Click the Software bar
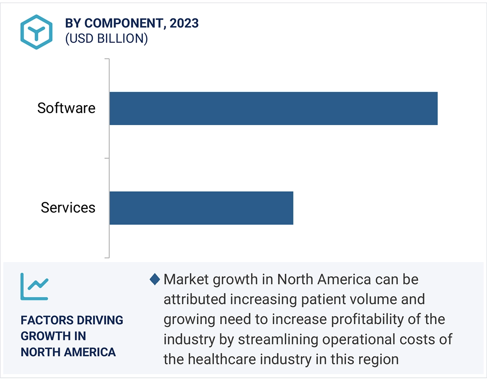pyautogui.click(x=273, y=108)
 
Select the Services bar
pyautogui.click(x=201, y=208)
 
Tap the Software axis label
pyautogui.click(x=66, y=108)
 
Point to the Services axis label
pyautogui.click(x=68, y=208)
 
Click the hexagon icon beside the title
pyautogui.click(x=36, y=32)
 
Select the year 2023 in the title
pyautogui.click(x=184, y=23)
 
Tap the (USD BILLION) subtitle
pyautogui.click(x=106, y=39)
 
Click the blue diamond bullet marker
pyautogui.click(x=155, y=280)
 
